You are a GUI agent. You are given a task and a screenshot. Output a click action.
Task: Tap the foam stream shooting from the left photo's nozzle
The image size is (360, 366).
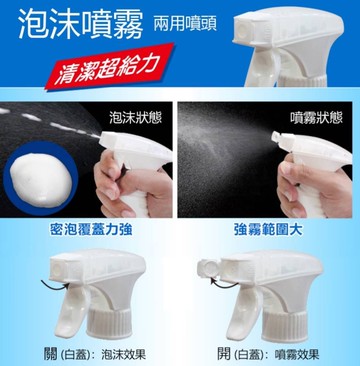[x=50, y=139]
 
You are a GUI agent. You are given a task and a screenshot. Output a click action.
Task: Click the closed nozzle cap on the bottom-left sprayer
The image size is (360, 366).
[x=60, y=272]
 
